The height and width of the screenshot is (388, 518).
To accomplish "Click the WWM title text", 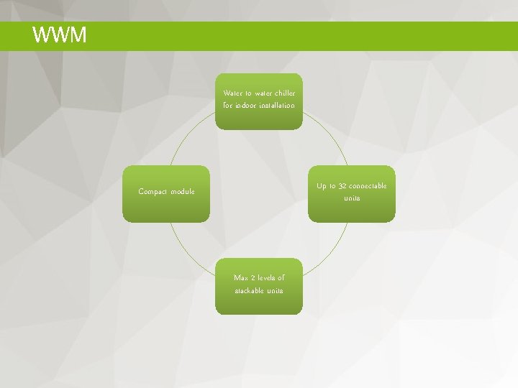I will [x=60, y=35].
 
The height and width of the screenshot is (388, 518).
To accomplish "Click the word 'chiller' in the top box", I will [x=283, y=93].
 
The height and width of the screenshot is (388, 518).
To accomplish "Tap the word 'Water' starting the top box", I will [x=233, y=93].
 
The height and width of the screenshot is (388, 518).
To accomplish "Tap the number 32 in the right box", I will [x=342, y=186].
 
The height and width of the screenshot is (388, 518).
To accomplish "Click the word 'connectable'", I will [x=368, y=186].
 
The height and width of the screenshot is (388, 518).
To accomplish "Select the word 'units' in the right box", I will [x=352, y=198].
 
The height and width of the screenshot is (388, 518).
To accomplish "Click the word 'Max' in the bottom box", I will [x=241, y=278].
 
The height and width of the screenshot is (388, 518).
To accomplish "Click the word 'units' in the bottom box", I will [x=274, y=291].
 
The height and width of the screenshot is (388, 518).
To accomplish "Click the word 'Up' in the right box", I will [x=322, y=186].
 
